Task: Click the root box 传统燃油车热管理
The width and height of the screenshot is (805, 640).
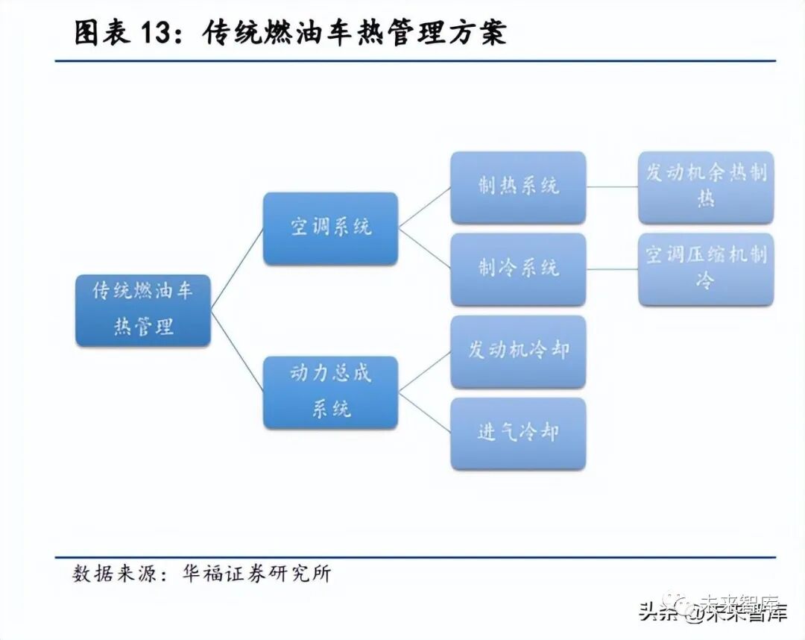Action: (143, 310)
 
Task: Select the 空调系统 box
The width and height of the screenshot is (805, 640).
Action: (330, 228)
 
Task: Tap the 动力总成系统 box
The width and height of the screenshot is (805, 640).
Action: (330, 392)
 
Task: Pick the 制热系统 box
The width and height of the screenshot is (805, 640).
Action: (518, 187)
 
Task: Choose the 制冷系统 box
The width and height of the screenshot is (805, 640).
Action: (518, 269)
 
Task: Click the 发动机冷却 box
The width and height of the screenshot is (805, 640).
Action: (518, 351)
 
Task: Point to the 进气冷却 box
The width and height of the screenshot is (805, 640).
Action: (518, 433)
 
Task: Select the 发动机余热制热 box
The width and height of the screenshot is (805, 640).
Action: (705, 187)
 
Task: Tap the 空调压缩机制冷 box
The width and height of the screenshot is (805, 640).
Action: (705, 269)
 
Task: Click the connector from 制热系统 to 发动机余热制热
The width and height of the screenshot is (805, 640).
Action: (612, 186)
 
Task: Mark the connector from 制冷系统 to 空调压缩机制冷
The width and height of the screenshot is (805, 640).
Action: (612, 269)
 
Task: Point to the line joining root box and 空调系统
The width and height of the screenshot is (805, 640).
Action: (237, 269)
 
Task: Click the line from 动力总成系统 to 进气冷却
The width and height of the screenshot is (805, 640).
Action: (424, 412)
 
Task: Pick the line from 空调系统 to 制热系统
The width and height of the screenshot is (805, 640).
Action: (424, 207)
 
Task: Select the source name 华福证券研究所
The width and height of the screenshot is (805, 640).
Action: (256, 574)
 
